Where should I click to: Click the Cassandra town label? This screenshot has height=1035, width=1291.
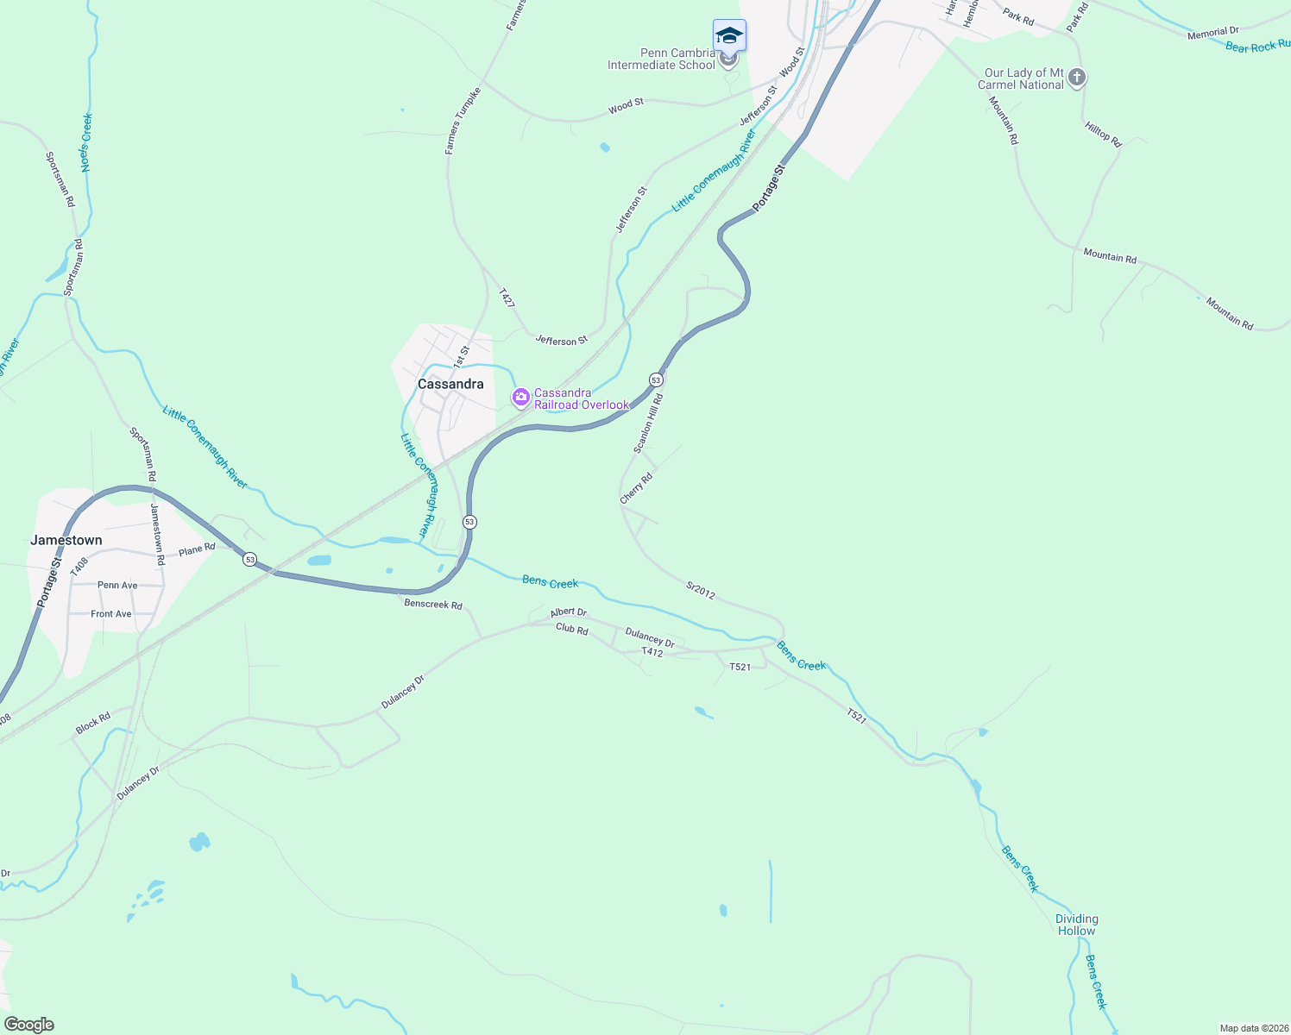(450, 384)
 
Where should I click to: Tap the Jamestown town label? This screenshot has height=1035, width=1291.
(66, 540)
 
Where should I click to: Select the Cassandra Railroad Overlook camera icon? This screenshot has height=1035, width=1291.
(521, 398)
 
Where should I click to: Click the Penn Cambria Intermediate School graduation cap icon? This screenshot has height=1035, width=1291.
(729, 36)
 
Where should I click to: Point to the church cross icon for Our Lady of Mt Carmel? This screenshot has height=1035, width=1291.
(1076, 78)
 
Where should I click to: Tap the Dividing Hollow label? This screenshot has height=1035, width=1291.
(1076, 925)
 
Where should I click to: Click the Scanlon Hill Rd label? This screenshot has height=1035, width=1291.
(648, 423)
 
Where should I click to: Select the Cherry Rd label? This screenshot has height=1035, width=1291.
(636, 488)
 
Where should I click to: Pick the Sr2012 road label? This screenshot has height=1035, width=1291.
(701, 590)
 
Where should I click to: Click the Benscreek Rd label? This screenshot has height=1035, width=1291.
(433, 604)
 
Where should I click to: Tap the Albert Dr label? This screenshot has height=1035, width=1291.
(569, 612)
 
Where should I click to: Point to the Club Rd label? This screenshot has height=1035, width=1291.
(571, 630)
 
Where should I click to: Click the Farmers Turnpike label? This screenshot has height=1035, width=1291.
(463, 121)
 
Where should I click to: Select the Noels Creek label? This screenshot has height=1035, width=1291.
(86, 142)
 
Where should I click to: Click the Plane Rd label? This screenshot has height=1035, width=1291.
(197, 549)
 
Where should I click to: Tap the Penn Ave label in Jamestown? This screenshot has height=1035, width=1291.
(117, 585)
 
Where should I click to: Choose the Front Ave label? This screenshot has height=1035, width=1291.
(111, 614)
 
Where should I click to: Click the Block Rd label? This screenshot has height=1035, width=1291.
(93, 723)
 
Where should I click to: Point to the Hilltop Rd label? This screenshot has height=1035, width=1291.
(1103, 135)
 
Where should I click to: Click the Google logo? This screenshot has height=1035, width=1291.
(29, 1025)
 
